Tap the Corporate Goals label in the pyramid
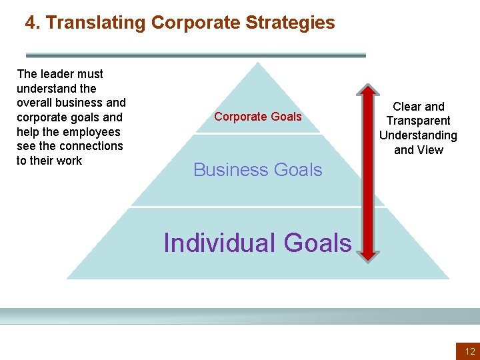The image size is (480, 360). point(258,117)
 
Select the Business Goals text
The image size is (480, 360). point(258,170)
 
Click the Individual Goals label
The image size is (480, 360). point(257,243)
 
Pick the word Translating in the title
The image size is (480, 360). point(96,23)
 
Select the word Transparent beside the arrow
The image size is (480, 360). point(419,121)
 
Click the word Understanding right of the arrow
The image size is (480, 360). point(419,135)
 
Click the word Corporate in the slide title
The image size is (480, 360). point(195,23)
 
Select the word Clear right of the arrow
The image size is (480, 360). point(406,107)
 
